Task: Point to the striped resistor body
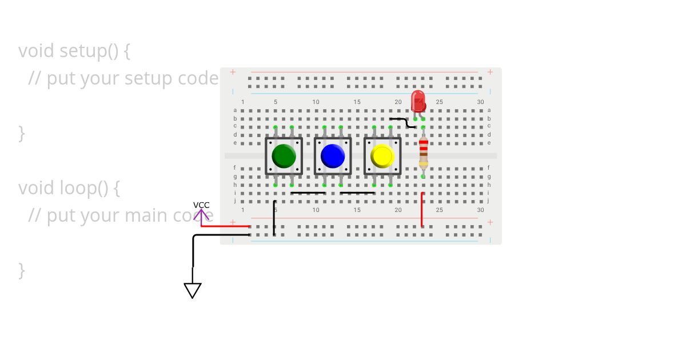pos(423,151)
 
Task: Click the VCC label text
pos(201,205)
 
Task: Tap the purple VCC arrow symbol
pos(201,215)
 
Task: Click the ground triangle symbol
pos(193,290)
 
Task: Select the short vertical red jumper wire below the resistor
pos(422,210)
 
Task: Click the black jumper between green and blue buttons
pos(308,193)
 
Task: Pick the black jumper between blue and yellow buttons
pos(357,193)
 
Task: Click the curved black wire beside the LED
pos(403,122)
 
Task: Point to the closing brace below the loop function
pos(22,270)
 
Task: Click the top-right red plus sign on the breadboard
pos(490,72)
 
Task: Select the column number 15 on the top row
pos(357,102)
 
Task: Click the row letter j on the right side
pos(489,201)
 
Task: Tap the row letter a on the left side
pos(234,110)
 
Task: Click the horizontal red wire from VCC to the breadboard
pos(225,226)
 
